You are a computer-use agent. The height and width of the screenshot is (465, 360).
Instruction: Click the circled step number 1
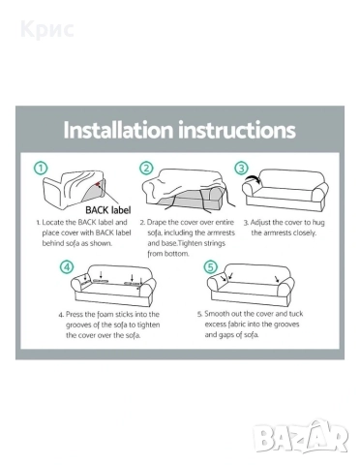point(41,169)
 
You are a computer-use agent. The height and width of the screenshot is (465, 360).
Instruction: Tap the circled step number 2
point(146,169)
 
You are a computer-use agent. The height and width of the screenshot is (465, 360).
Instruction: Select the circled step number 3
point(241,169)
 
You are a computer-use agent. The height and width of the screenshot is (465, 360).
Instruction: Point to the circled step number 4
point(67,267)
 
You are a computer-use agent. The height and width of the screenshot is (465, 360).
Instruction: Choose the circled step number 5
point(210,267)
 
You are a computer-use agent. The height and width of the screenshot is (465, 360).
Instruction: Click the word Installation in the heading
point(118,130)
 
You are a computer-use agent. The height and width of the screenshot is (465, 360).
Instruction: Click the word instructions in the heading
point(237,130)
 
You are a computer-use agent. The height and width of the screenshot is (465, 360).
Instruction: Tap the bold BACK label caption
point(108,210)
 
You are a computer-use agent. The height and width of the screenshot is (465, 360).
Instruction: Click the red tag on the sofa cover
point(98,184)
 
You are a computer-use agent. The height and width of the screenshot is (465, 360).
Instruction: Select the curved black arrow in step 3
point(253,178)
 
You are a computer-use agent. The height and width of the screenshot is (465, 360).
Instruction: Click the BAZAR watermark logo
point(301,436)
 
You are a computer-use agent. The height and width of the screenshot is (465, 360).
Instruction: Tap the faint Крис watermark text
point(47,29)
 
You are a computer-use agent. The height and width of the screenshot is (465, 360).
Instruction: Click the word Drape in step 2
point(157,223)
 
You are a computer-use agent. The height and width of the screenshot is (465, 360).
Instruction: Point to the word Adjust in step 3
point(260,223)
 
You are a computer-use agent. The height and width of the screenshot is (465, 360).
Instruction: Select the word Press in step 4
point(75,314)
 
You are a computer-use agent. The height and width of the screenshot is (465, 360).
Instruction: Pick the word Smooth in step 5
point(217,314)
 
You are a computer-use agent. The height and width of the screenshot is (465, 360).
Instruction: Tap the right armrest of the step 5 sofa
point(286,286)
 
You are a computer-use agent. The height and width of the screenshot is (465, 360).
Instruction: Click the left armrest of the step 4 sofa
point(78,284)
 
